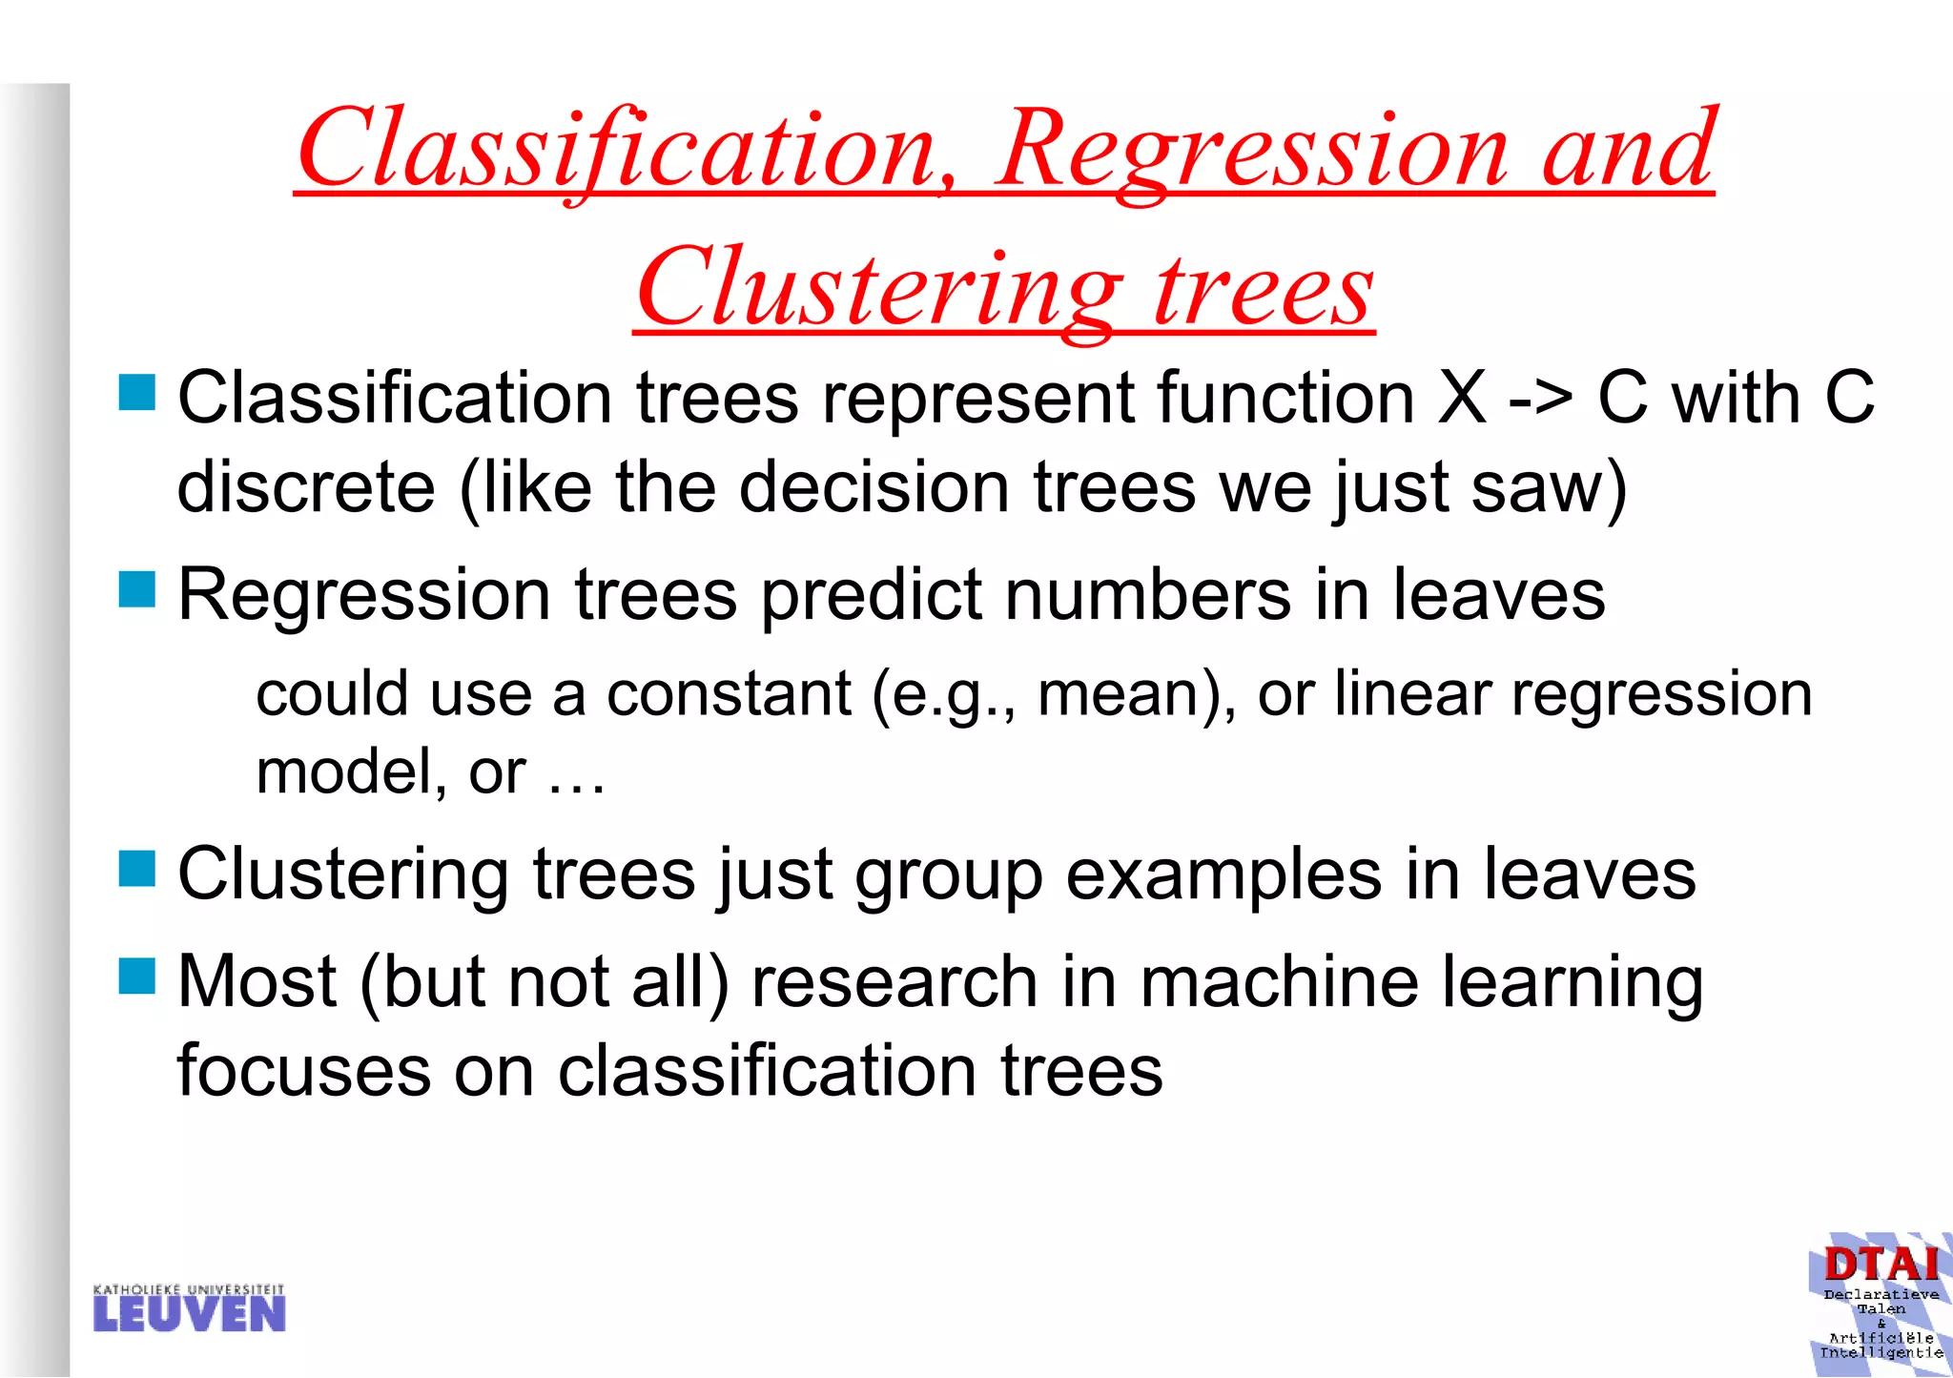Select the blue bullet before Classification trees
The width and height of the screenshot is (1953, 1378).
click(x=136, y=392)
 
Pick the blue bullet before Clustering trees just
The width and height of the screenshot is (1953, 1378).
click(x=136, y=869)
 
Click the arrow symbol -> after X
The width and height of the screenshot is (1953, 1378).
click(x=1539, y=399)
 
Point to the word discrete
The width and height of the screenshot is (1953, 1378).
click(x=306, y=487)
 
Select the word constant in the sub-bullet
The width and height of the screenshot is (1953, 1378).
click(x=729, y=694)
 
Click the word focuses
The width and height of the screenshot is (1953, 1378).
click(x=304, y=1071)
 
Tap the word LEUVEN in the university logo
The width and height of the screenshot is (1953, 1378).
click(x=189, y=1315)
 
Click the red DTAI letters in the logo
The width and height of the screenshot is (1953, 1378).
click(x=1880, y=1265)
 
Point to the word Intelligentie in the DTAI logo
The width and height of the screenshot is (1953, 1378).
click(x=1881, y=1352)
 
